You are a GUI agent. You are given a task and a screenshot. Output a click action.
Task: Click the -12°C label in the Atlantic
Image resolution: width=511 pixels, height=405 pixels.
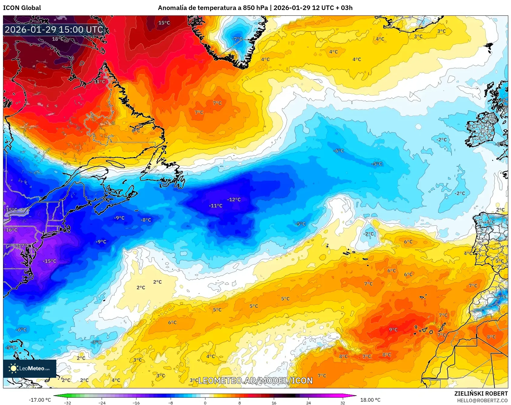[234, 200]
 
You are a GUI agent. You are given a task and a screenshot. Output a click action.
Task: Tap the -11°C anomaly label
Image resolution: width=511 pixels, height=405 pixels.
[215, 206]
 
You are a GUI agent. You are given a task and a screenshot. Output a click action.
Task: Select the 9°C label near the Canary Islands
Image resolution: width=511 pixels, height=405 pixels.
[393, 330]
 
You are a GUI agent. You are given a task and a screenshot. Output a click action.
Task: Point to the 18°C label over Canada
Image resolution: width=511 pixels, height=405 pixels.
[58, 39]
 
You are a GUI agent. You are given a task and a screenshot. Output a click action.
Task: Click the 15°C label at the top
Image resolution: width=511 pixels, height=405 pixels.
[164, 23]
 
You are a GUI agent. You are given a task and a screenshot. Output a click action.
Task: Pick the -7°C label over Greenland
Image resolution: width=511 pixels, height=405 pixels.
[237, 39]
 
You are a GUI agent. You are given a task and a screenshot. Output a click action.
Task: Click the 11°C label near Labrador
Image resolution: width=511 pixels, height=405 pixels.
[100, 82]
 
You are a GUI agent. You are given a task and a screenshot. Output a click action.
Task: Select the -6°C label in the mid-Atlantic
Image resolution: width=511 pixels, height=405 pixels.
[339, 151]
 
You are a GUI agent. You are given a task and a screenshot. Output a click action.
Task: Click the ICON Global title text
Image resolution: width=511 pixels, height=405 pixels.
[22, 8]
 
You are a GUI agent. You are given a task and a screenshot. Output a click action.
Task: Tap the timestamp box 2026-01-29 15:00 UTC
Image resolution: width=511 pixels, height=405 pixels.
[54, 30]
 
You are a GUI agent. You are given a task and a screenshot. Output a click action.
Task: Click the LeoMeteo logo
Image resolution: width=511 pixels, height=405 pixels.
[30, 368]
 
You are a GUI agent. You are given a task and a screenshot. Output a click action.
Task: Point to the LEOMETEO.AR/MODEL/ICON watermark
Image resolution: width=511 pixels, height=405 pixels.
[255, 381]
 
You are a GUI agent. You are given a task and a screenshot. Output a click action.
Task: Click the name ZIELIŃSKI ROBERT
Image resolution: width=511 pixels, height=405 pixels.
[481, 394]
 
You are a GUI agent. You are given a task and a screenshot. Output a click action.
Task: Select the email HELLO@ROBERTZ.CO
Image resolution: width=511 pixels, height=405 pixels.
[482, 400]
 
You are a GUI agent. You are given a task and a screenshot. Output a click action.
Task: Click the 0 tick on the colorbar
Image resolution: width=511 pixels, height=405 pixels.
[205, 403]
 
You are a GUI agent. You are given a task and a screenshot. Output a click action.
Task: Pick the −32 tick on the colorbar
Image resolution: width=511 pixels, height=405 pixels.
[68, 403]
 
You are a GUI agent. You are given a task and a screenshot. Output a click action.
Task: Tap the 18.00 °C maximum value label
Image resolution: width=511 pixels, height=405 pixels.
[370, 400]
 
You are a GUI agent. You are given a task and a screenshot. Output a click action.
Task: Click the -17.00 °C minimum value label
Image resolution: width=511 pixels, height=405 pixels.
[40, 400]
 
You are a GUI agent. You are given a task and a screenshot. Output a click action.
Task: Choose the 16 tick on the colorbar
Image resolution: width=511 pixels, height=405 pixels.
[274, 403]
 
